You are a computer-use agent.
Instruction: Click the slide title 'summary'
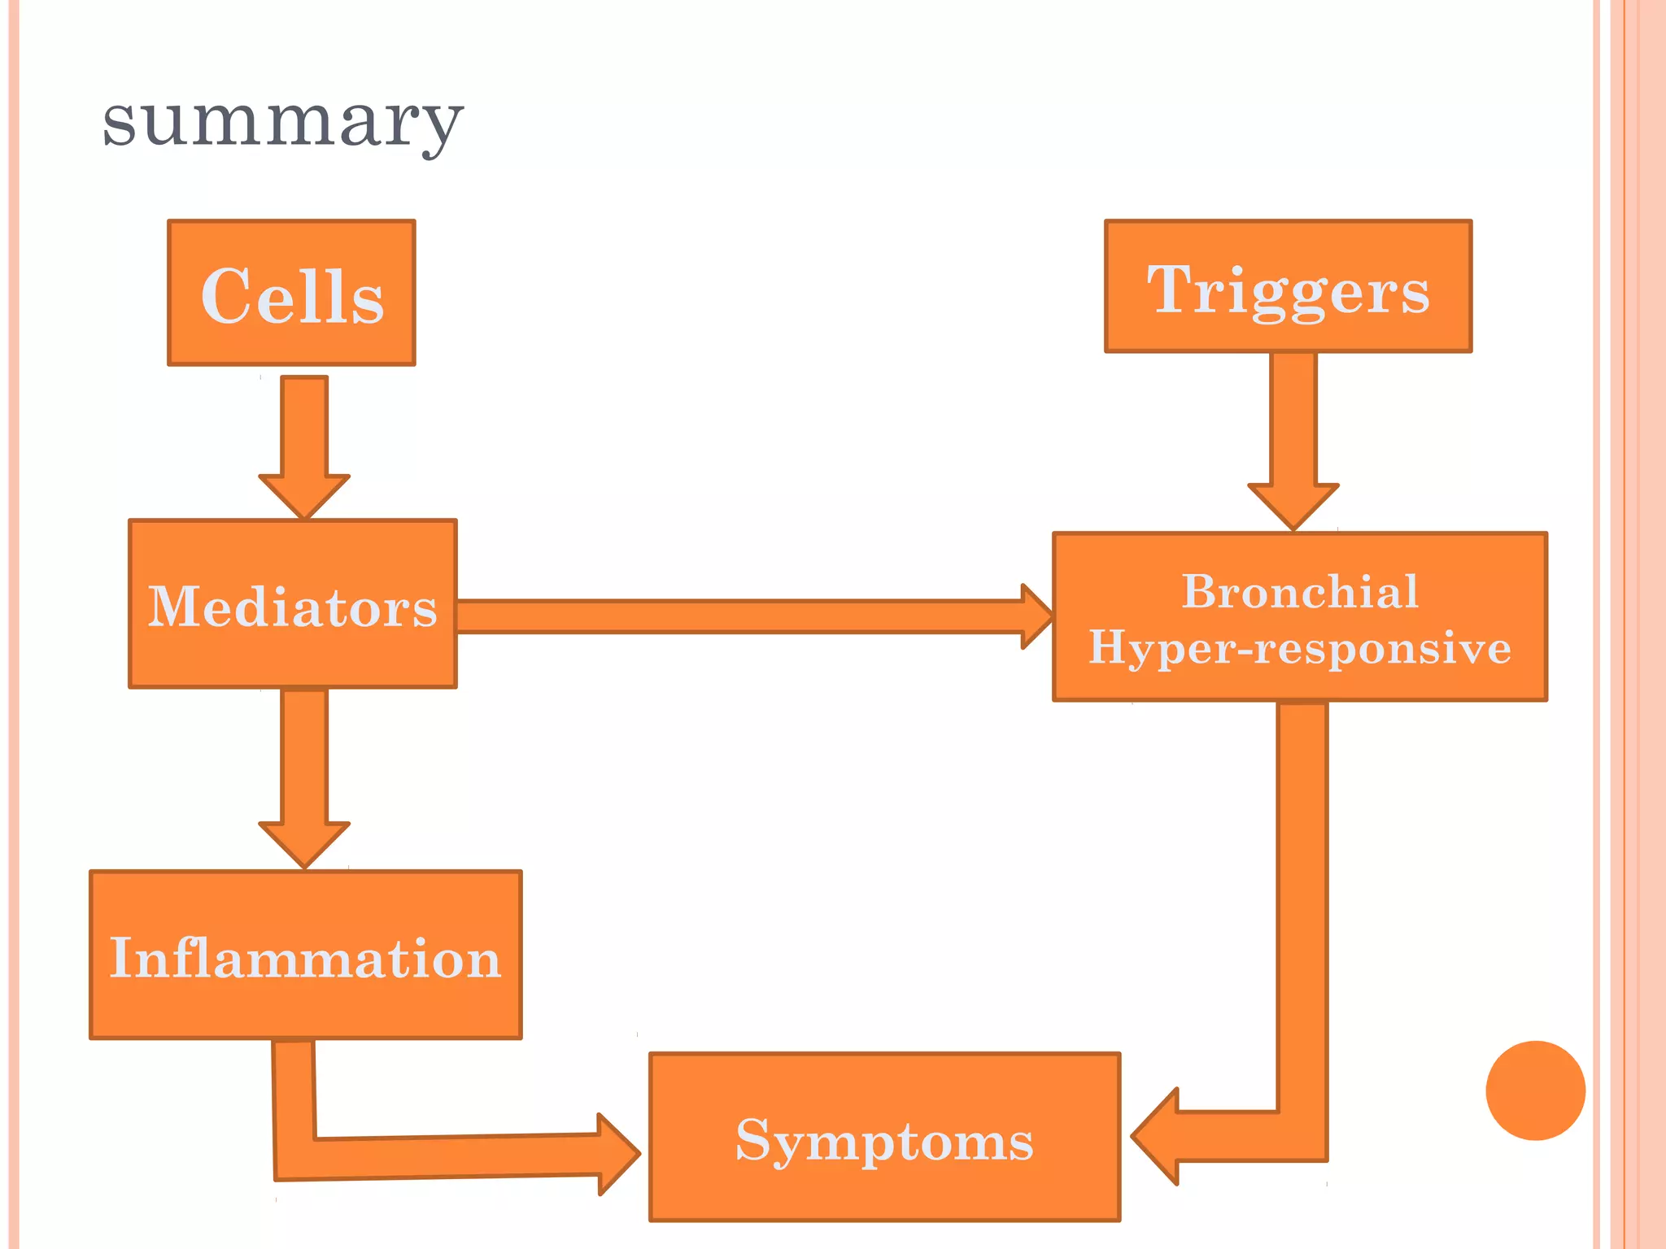tap(282, 122)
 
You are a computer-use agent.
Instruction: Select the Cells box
tap(291, 293)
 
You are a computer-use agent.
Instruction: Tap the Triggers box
tap(1288, 286)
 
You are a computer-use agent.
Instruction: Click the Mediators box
tap(292, 604)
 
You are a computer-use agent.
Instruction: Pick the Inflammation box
tap(305, 955)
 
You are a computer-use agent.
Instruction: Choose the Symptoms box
tap(884, 1137)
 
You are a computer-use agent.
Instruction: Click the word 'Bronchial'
tap(1300, 591)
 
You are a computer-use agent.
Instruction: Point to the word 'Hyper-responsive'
tap(1300, 648)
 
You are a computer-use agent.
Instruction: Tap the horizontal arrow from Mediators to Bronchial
tap(732, 616)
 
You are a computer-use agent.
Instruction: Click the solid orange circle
tap(1535, 1090)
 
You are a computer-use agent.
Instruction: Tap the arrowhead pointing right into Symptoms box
tap(617, 1154)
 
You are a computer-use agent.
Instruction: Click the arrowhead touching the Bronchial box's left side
tap(1036, 616)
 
